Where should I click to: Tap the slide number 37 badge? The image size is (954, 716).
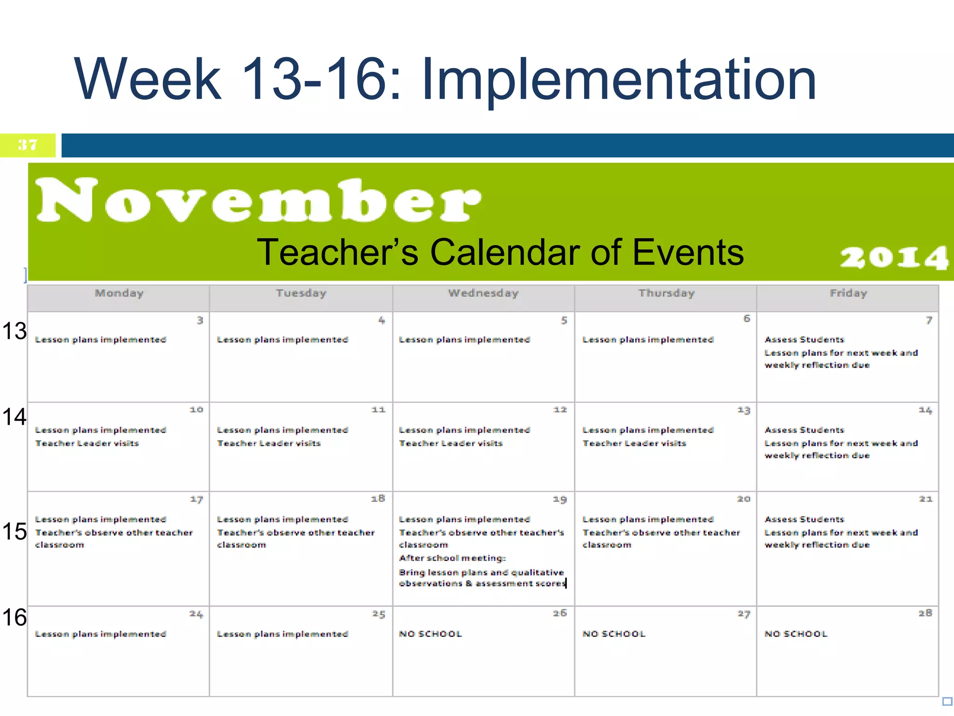pyautogui.click(x=27, y=145)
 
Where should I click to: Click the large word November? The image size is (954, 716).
pyautogui.click(x=259, y=200)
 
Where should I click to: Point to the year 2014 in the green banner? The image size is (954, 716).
pyautogui.click(x=894, y=257)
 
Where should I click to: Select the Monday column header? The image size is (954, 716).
pyautogui.click(x=119, y=293)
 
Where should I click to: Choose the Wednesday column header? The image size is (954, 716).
pyautogui.click(x=483, y=293)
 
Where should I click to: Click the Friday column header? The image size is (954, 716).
pyautogui.click(x=848, y=293)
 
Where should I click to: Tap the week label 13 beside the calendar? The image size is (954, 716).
pyautogui.click(x=14, y=331)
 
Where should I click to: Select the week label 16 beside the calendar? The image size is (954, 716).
pyautogui.click(x=14, y=617)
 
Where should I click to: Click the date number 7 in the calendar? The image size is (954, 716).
pyautogui.click(x=929, y=320)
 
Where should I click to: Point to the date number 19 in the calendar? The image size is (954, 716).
pyautogui.click(x=559, y=499)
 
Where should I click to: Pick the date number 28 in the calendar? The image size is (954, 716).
pyautogui.click(x=925, y=613)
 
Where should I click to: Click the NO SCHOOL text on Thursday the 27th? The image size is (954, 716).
pyautogui.click(x=614, y=634)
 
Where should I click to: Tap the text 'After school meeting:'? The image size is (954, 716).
pyautogui.click(x=452, y=558)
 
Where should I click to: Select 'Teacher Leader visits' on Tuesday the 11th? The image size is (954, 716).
pyautogui.click(x=269, y=443)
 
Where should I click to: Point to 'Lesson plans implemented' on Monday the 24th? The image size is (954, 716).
pyautogui.click(x=101, y=634)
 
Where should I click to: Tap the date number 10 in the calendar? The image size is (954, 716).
pyautogui.click(x=196, y=410)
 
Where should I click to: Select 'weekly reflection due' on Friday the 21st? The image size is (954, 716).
pyautogui.click(x=817, y=545)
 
